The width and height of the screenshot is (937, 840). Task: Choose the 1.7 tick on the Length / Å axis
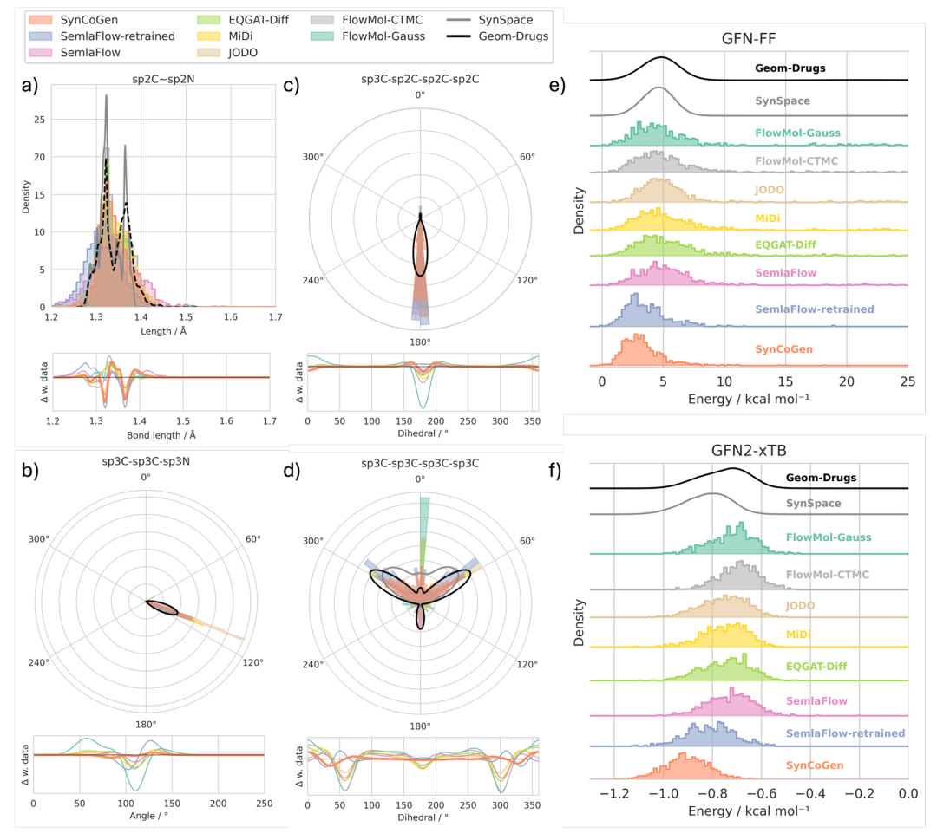point(275,318)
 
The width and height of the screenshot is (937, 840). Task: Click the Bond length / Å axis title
point(162,434)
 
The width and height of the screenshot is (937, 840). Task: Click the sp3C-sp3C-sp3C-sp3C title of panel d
point(420,466)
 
